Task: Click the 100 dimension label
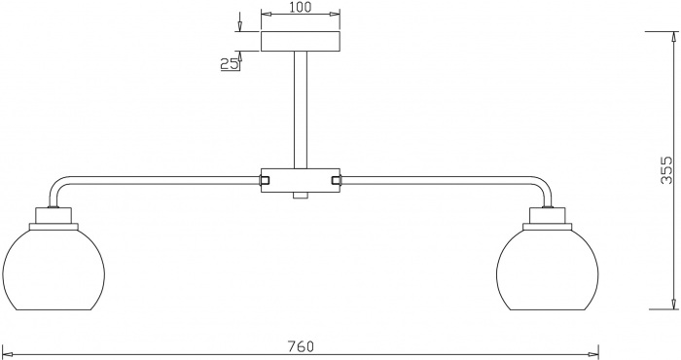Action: click(301, 7)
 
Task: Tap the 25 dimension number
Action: click(230, 64)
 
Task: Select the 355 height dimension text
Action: click(665, 170)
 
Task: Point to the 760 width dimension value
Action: click(301, 346)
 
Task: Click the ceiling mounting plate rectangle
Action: click(301, 41)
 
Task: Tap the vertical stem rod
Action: click(301, 110)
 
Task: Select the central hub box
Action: click(301, 180)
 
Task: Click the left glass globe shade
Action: click(54, 270)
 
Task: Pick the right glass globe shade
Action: click(547, 270)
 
